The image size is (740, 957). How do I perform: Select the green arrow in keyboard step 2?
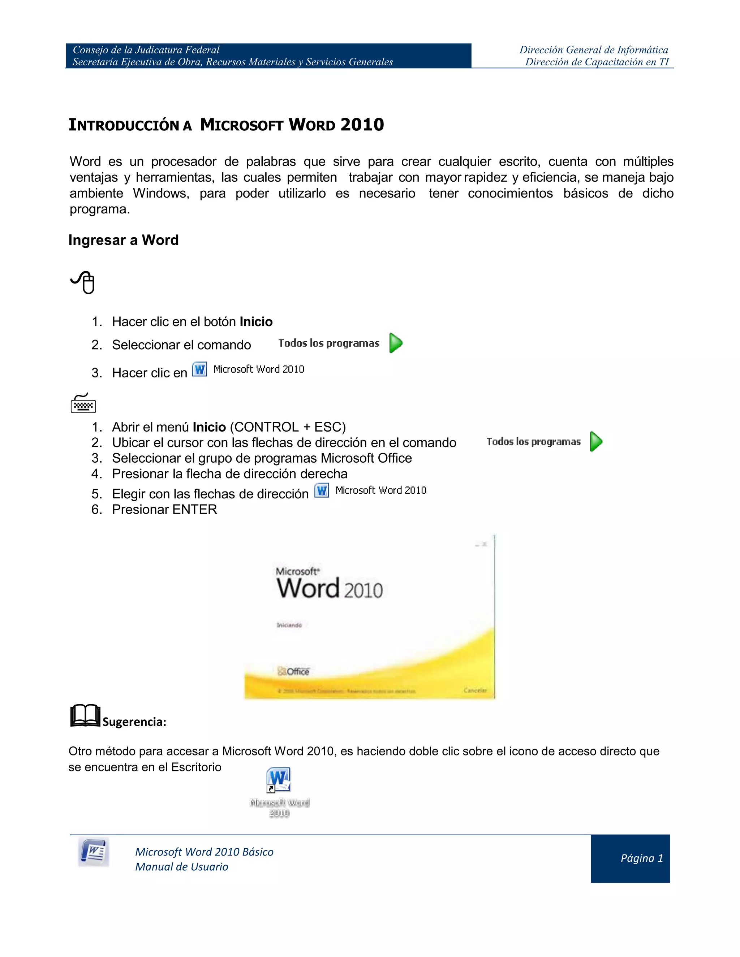(596, 441)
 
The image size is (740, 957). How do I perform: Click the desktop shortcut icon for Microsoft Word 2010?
(278, 780)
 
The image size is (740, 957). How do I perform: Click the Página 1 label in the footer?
(641, 858)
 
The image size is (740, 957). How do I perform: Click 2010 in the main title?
(362, 125)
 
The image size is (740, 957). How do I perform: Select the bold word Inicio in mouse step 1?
(256, 322)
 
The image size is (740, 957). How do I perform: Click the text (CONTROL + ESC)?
(288, 427)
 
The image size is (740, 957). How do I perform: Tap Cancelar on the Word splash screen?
(475, 690)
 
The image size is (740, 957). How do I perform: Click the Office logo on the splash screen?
(293, 671)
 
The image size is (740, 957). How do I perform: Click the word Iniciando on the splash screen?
(289, 625)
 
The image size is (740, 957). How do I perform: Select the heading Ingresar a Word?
(124, 240)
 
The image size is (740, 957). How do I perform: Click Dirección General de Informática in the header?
(594, 50)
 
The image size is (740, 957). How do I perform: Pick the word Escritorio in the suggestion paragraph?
(196, 767)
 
